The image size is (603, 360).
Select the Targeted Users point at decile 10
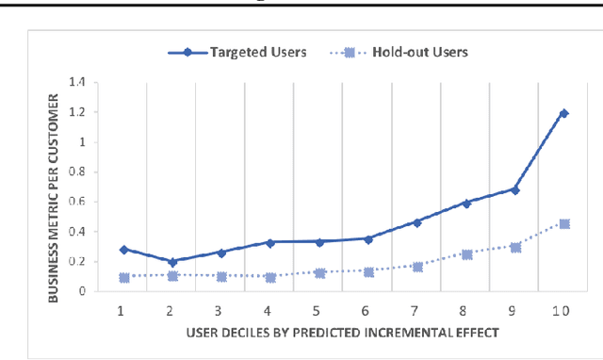(564, 113)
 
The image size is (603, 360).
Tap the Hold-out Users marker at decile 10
(564, 224)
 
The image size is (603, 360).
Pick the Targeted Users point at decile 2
(171, 262)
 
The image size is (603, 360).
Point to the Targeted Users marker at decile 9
(515, 189)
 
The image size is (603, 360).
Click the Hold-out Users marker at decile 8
(466, 254)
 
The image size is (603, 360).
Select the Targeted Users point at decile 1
(122, 250)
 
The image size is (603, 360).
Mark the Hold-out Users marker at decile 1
(122, 277)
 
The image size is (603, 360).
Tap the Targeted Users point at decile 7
(417, 222)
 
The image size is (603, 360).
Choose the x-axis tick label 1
(122, 309)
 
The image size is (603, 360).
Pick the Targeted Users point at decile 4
(269, 242)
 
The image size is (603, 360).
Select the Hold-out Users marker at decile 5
(318, 273)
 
